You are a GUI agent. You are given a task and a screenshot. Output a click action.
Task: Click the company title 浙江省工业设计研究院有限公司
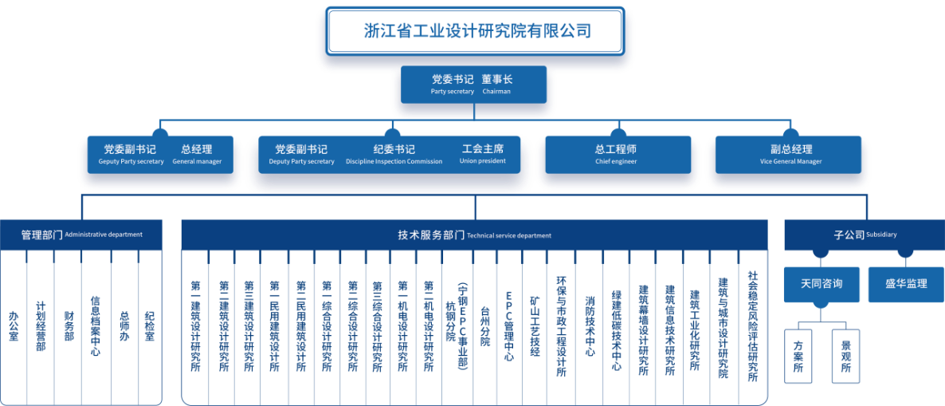pos(476,31)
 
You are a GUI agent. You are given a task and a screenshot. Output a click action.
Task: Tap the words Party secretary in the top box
pos(452,92)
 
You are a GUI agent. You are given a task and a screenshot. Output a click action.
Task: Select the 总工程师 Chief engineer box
pos(618,155)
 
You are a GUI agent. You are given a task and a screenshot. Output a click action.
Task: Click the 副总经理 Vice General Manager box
pos(788,155)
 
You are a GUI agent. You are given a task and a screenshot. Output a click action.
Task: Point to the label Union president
pos(483,161)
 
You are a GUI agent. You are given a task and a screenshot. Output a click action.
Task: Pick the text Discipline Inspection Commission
pos(394,162)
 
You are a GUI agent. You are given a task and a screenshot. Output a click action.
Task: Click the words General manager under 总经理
pos(197,162)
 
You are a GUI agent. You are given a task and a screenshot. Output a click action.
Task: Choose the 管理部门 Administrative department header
pos(81,235)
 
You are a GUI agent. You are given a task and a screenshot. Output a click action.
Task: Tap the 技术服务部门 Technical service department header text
pos(474,235)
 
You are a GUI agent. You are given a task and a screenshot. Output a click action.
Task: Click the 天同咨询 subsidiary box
pos(821,284)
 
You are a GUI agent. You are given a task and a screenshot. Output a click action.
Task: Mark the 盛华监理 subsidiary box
pos(907,284)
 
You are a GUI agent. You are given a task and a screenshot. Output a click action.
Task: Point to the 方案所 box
pos(798,356)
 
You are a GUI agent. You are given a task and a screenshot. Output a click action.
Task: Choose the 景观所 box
pos(845,356)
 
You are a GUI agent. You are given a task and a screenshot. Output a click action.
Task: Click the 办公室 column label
pos(14,326)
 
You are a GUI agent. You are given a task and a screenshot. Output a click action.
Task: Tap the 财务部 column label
pos(69,326)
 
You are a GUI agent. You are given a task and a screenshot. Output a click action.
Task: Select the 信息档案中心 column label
pos(96,325)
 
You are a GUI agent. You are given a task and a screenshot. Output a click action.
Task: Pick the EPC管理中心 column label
pos(509,326)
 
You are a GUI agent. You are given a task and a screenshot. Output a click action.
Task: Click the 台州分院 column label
pos(485,326)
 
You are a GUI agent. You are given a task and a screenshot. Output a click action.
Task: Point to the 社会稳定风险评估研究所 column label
pos(753,325)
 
